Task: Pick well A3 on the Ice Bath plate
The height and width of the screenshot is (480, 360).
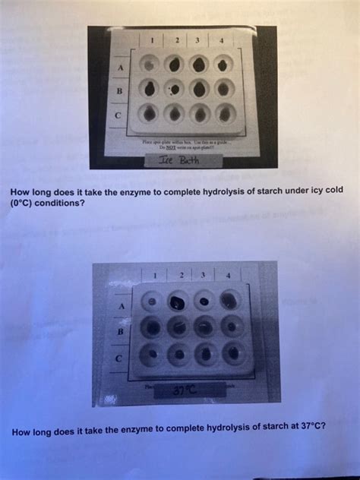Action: [x=200, y=65]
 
